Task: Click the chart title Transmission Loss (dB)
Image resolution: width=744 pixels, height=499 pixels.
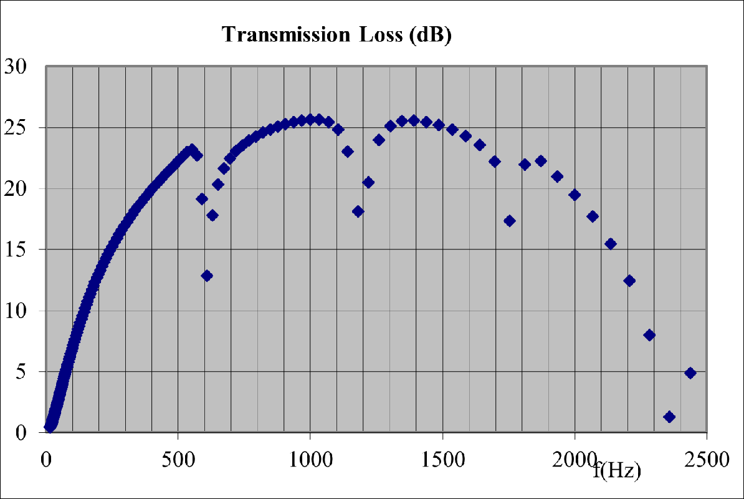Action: tap(336, 35)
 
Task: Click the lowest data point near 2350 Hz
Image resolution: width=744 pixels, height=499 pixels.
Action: tap(669, 417)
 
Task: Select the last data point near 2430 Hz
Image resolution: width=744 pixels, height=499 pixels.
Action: tap(690, 373)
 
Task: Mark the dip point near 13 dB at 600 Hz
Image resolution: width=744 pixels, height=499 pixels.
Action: tap(207, 276)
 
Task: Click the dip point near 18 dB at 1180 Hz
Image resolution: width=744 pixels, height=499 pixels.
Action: tap(358, 211)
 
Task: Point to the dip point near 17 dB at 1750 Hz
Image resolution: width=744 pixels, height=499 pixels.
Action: tap(509, 221)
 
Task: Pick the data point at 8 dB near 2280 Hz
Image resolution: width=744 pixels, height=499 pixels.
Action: tap(649, 335)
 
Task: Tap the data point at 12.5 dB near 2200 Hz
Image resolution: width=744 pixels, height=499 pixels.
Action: tap(629, 281)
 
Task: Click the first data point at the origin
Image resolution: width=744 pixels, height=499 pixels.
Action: tap(49, 427)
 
